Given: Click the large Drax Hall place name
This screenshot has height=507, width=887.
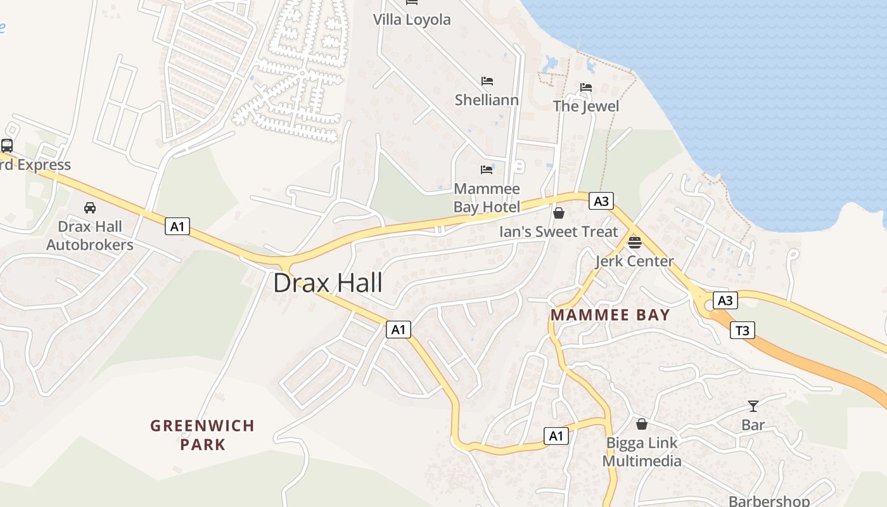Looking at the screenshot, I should [x=328, y=283].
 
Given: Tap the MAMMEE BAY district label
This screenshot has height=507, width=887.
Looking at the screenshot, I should [x=610, y=315].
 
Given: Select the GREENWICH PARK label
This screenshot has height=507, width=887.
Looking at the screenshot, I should [x=202, y=435].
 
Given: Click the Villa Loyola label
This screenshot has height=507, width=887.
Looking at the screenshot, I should [x=412, y=20].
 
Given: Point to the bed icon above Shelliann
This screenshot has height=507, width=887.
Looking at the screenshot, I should [x=487, y=81].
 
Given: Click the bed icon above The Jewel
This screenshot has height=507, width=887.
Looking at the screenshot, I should [x=586, y=87].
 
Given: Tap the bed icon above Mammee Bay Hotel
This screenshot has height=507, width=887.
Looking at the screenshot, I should [x=487, y=170].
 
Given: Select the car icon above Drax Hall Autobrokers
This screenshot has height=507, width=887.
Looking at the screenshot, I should [x=90, y=208].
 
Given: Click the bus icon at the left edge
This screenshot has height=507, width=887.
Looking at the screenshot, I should [x=7, y=145].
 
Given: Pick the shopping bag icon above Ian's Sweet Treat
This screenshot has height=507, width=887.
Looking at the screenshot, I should [x=559, y=213].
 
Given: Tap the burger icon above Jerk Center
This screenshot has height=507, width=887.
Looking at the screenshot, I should [x=634, y=242].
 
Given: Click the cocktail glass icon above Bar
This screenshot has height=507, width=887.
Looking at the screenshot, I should [x=753, y=406].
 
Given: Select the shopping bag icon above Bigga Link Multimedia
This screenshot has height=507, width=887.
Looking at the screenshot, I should [x=642, y=423].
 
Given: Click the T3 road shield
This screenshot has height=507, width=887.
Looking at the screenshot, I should [x=743, y=330].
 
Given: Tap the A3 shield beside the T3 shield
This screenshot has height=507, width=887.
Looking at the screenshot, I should [x=725, y=300].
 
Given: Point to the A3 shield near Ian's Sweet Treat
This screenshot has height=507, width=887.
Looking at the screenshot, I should [x=601, y=202].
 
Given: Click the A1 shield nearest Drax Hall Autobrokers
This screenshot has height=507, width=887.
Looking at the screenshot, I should [x=177, y=226].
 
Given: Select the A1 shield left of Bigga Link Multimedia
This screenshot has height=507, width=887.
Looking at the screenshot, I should [x=556, y=436].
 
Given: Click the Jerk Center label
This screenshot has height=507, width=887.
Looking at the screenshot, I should [x=634, y=261].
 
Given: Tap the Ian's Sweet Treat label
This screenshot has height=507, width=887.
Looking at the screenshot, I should [x=558, y=232].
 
